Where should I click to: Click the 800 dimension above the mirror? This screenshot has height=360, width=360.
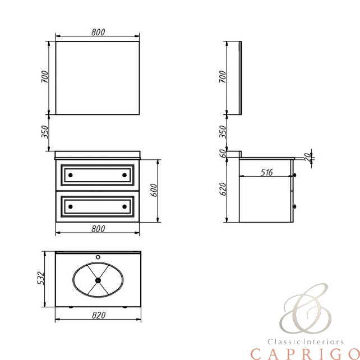click(98, 32)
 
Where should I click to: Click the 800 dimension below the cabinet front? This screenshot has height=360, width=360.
click(98, 229)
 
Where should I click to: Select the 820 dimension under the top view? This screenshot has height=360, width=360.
click(99, 316)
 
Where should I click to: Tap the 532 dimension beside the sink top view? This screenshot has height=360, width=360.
click(40, 278)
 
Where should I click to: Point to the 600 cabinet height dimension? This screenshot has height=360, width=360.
click(154, 190)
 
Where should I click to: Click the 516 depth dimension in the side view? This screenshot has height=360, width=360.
click(266, 172)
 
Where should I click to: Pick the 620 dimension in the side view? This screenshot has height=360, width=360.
click(223, 189)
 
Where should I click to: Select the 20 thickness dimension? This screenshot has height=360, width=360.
click(307, 157)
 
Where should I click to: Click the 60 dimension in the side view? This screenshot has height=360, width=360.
click(223, 154)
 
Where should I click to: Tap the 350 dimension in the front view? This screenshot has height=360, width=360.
click(45, 132)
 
